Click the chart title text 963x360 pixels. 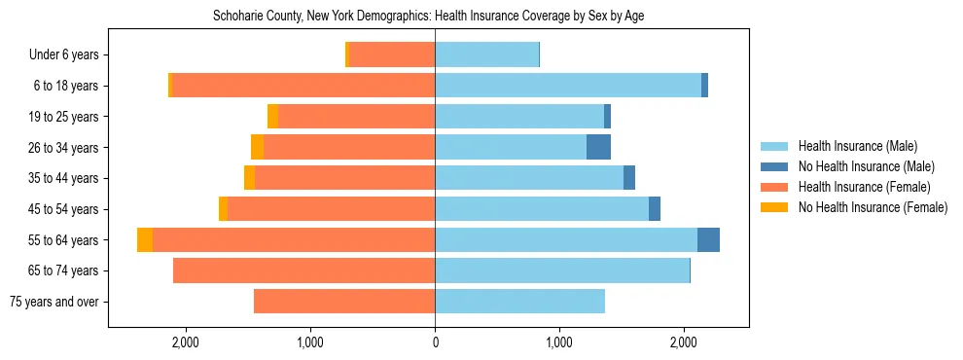(x=428, y=17)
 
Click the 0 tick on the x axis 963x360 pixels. (x=435, y=342)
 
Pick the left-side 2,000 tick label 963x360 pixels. (x=185, y=342)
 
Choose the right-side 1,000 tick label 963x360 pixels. (x=559, y=342)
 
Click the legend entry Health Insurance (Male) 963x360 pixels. (x=857, y=146)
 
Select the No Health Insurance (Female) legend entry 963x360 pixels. (x=873, y=207)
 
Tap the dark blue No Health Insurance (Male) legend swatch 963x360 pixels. (x=775, y=166)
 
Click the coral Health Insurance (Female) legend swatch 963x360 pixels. (x=775, y=187)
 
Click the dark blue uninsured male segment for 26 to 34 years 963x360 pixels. (x=598, y=147)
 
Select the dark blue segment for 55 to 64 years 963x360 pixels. (x=708, y=239)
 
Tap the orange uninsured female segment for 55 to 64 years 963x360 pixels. (x=145, y=239)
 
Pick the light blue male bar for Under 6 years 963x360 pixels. (x=486, y=54)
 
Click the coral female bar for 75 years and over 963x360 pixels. (x=344, y=302)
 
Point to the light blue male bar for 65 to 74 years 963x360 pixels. (x=562, y=270)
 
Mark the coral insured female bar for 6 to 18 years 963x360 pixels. (x=303, y=86)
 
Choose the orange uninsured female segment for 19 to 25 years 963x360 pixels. (x=273, y=117)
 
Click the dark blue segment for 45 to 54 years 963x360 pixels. (x=655, y=209)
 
